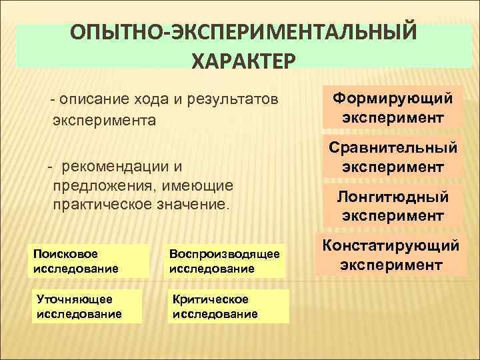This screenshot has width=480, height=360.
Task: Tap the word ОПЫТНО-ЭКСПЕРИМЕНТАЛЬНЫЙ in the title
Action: (244, 33)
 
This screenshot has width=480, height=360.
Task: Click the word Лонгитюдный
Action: (392, 197)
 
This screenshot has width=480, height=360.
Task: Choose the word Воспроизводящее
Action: (225, 254)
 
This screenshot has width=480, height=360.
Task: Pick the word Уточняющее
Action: (75, 299)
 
